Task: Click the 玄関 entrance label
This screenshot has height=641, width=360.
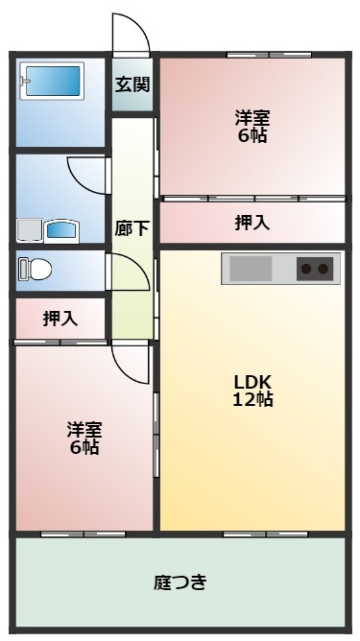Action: (x=132, y=84)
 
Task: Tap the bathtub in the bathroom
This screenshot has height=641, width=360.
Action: (x=53, y=81)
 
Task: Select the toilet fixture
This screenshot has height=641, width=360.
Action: (x=36, y=270)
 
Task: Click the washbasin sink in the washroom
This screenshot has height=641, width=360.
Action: (x=61, y=231)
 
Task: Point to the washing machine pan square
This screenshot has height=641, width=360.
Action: (x=30, y=230)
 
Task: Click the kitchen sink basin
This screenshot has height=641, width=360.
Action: (x=251, y=269)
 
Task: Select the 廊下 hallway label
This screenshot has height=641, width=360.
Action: (x=132, y=228)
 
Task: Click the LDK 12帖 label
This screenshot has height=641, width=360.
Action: (x=252, y=391)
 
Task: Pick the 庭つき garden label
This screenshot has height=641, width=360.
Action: (x=180, y=582)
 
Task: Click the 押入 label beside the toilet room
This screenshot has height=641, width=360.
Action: (x=60, y=319)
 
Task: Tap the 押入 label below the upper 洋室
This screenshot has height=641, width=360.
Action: (x=252, y=223)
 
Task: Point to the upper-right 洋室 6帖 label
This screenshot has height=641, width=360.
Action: (x=252, y=127)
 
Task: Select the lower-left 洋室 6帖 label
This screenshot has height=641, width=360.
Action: (x=84, y=439)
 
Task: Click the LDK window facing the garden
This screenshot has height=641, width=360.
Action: (x=266, y=534)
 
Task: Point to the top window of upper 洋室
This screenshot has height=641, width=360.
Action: (x=269, y=55)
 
